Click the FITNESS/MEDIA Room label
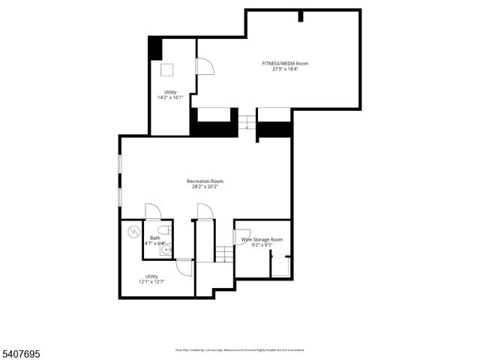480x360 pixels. [284, 64]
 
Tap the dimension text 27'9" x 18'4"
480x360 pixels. [284, 70]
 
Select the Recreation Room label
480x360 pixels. [205, 181]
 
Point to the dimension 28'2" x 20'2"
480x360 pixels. [205, 187]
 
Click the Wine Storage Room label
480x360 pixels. [262, 239]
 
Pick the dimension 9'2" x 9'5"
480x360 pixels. [262, 245]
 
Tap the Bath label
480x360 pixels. [154, 238]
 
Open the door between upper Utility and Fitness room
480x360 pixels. [204, 67]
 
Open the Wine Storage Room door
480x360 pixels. [242, 234]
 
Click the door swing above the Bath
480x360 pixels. [152, 211]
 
